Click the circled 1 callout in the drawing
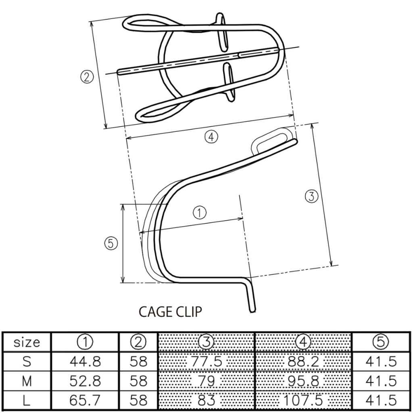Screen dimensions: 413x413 click(200, 212)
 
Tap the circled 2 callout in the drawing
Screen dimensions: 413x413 click(87, 76)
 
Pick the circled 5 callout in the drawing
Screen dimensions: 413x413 click(110, 243)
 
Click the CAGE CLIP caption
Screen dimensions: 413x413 click(170, 312)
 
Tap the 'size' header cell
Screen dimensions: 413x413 click(27, 342)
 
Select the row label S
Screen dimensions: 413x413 click(27, 361)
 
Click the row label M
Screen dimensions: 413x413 click(27, 381)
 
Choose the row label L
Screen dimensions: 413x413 click(27, 400)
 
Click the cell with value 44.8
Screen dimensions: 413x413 click(85, 361)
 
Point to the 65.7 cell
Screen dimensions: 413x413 click(85, 400)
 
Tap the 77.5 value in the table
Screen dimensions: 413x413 click(206, 361)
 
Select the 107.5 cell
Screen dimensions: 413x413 click(304, 400)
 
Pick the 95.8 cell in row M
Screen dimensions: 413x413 click(304, 381)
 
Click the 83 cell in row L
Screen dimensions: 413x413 click(206, 400)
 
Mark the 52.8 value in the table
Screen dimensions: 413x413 click(85, 381)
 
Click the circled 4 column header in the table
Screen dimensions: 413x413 click(304, 342)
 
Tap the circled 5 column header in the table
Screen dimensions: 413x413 click(381, 342)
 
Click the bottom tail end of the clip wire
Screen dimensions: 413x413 click(253, 310)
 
